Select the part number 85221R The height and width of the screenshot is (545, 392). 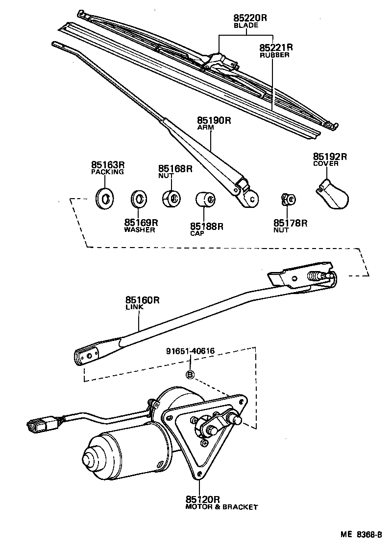pos(276,48)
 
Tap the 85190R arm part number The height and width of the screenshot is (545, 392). pos(214,120)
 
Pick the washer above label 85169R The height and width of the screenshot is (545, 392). pos(139,200)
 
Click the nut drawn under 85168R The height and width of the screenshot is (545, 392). pos(171,198)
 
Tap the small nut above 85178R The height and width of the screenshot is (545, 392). pos(288,199)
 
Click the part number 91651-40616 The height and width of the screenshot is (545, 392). pos(191,351)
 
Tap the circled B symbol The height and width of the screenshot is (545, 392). pos(191,375)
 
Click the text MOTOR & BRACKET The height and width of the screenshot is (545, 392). pos(221,507)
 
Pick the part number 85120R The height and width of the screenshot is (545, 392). pos(202,500)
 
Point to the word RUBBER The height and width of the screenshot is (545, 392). pos(274,55)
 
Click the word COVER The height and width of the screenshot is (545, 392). pos(326,164)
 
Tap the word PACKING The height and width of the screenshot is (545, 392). pos(107,172)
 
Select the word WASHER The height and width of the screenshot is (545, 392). pos(140,229)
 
